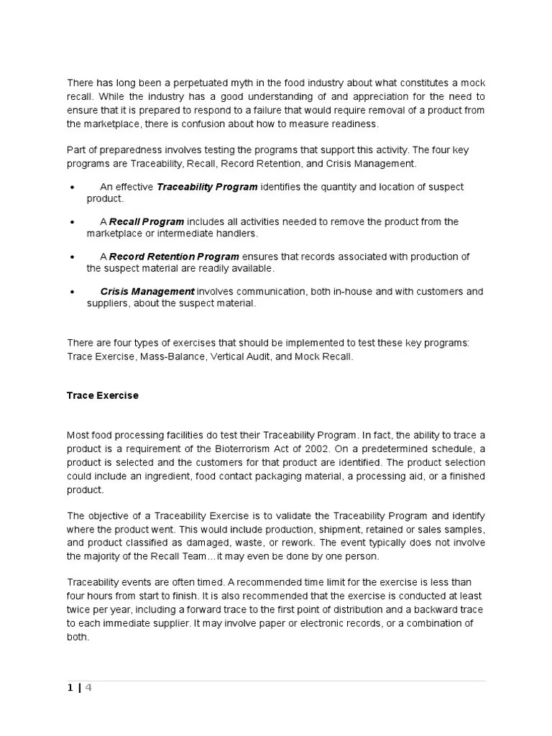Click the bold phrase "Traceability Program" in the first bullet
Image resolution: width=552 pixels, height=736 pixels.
pos(207,187)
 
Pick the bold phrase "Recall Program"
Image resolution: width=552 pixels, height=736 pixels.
pos(147,221)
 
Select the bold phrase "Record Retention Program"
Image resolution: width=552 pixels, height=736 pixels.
pos(175,257)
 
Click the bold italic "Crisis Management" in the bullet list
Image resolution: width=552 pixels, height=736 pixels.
pos(147,291)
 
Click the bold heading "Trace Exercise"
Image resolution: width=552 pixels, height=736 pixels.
pos(103,395)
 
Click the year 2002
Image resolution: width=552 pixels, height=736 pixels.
pos(303,448)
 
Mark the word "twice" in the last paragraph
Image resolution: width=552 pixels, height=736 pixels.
pos(79,609)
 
